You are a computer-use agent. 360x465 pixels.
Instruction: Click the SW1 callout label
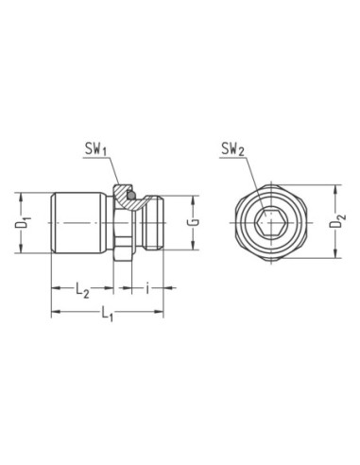coord(96,148)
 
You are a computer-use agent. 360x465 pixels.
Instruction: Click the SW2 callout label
coord(233,148)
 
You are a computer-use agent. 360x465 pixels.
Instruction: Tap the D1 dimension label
coord(22,222)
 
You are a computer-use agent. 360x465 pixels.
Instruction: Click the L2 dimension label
coord(82,290)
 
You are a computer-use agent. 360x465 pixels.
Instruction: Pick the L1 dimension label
coord(107,314)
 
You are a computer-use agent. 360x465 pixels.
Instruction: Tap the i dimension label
coord(147,288)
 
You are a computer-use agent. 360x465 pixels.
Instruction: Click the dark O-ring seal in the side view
coord(131,196)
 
